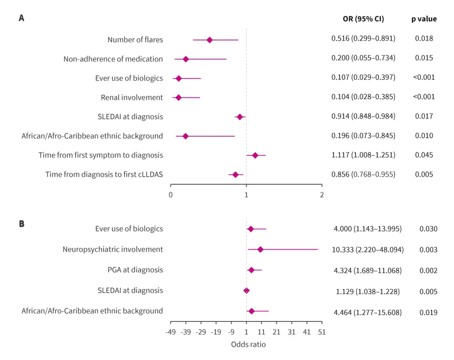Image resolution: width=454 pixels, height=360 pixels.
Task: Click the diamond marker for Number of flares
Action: (x=210, y=40)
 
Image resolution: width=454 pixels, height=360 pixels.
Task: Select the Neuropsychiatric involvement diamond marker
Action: (x=260, y=249)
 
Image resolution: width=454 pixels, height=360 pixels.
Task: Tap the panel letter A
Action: (x=21, y=19)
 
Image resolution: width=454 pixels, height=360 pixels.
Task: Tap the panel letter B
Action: (x=21, y=224)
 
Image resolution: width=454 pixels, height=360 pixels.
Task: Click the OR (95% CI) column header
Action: (x=363, y=19)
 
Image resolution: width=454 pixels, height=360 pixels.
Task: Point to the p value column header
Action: (x=424, y=19)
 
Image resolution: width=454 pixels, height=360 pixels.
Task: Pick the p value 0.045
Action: (x=424, y=155)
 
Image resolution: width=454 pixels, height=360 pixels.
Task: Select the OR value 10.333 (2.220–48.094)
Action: (x=368, y=250)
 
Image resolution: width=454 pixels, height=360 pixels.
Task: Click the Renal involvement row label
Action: (x=132, y=98)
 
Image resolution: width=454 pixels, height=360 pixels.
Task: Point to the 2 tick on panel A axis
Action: (x=322, y=195)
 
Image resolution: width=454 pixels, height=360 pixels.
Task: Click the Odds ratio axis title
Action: (x=248, y=345)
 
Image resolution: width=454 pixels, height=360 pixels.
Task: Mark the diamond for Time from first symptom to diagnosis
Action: (x=255, y=155)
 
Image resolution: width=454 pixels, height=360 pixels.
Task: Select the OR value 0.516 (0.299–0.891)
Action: (x=363, y=39)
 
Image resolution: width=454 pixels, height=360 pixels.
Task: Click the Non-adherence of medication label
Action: (x=113, y=59)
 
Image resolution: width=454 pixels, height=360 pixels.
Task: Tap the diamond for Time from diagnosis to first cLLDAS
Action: (x=235, y=175)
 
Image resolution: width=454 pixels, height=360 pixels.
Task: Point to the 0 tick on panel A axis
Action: (x=171, y=195)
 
